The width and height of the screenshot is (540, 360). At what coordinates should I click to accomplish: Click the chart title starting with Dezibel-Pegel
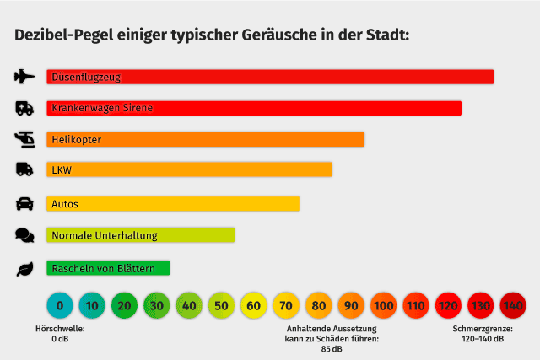pos(212,35)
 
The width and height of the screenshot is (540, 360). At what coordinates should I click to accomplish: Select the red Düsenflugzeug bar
pos(270,77)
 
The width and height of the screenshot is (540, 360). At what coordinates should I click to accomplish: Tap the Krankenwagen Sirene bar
pos(254,108)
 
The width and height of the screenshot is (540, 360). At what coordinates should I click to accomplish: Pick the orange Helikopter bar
pos(205,139)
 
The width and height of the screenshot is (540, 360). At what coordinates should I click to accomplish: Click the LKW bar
pos(189,169)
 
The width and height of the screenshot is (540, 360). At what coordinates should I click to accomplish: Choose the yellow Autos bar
pos(173,203)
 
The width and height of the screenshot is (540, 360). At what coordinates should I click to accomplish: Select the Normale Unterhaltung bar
pos(140,235)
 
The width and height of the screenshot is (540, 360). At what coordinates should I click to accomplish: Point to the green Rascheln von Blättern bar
pos(108,268)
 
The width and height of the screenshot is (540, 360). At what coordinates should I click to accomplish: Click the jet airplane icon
pos(25,77)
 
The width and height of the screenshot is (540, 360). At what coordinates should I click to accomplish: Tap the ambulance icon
pos(25,108)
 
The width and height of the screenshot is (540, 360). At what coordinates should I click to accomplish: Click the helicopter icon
pos(25,138)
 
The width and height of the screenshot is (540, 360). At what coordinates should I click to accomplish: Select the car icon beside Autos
pos(25,203)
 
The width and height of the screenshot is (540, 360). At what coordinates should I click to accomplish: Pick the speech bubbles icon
pos(24,236)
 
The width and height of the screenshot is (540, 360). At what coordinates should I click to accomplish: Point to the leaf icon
pos(24,269)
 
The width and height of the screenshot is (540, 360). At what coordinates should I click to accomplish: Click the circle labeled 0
pos(59,305)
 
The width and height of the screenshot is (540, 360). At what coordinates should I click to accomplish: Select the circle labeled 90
pos(350,305)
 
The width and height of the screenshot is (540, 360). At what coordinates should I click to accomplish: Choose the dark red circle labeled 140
pos(513,305)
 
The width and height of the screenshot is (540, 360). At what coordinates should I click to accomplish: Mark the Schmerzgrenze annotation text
pos(483,333)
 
